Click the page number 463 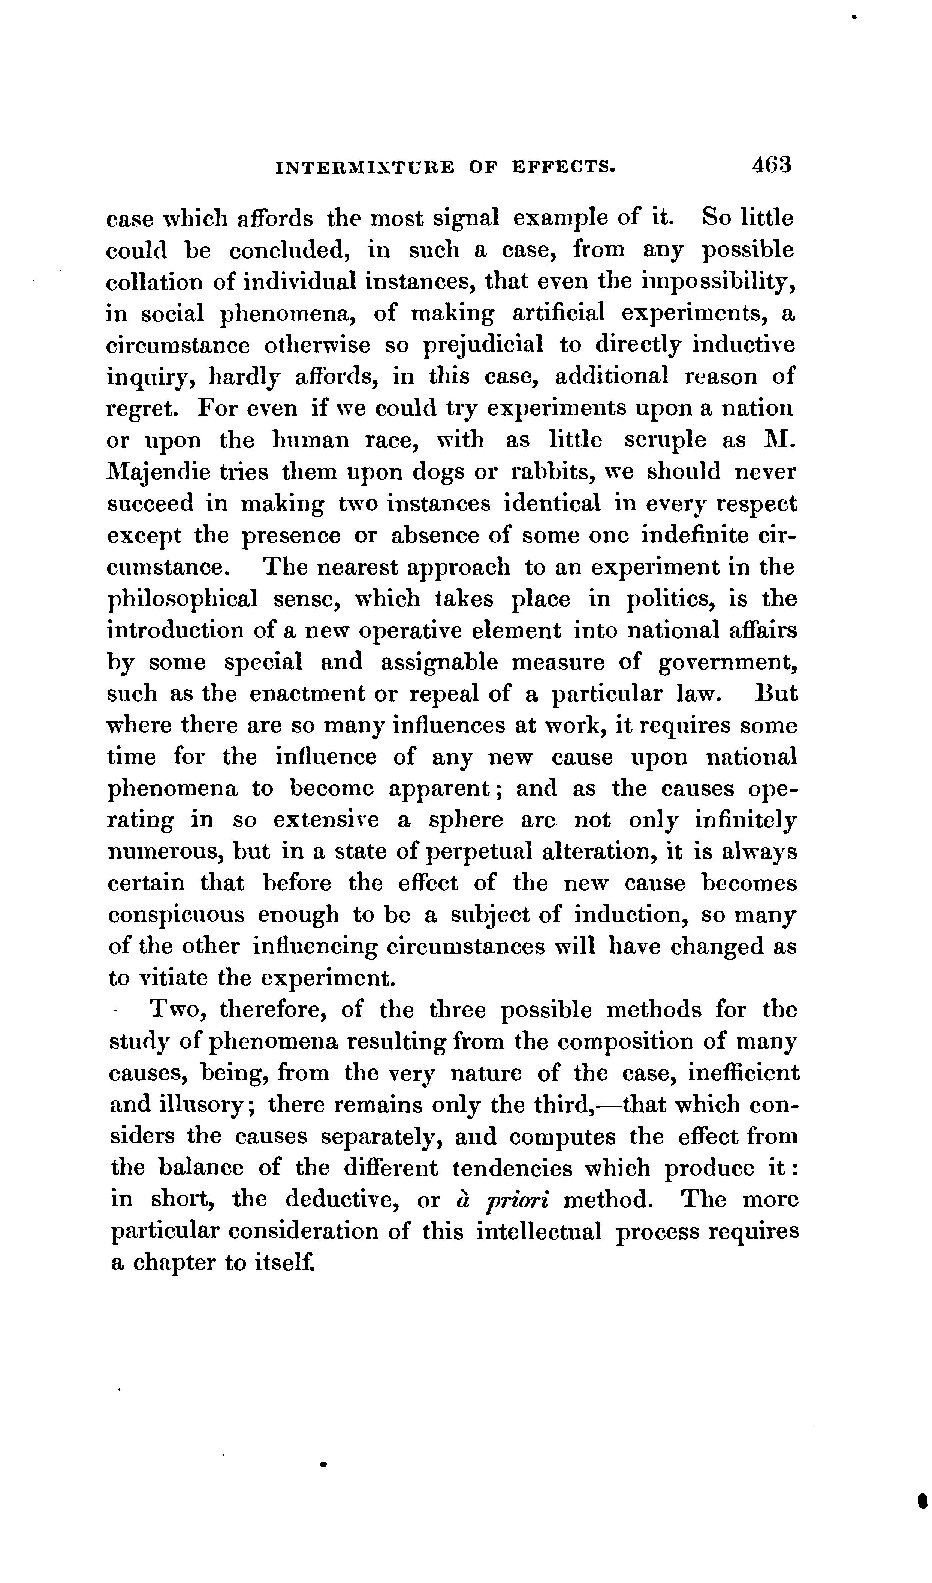pyautogui.click(x=771, y=165)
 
